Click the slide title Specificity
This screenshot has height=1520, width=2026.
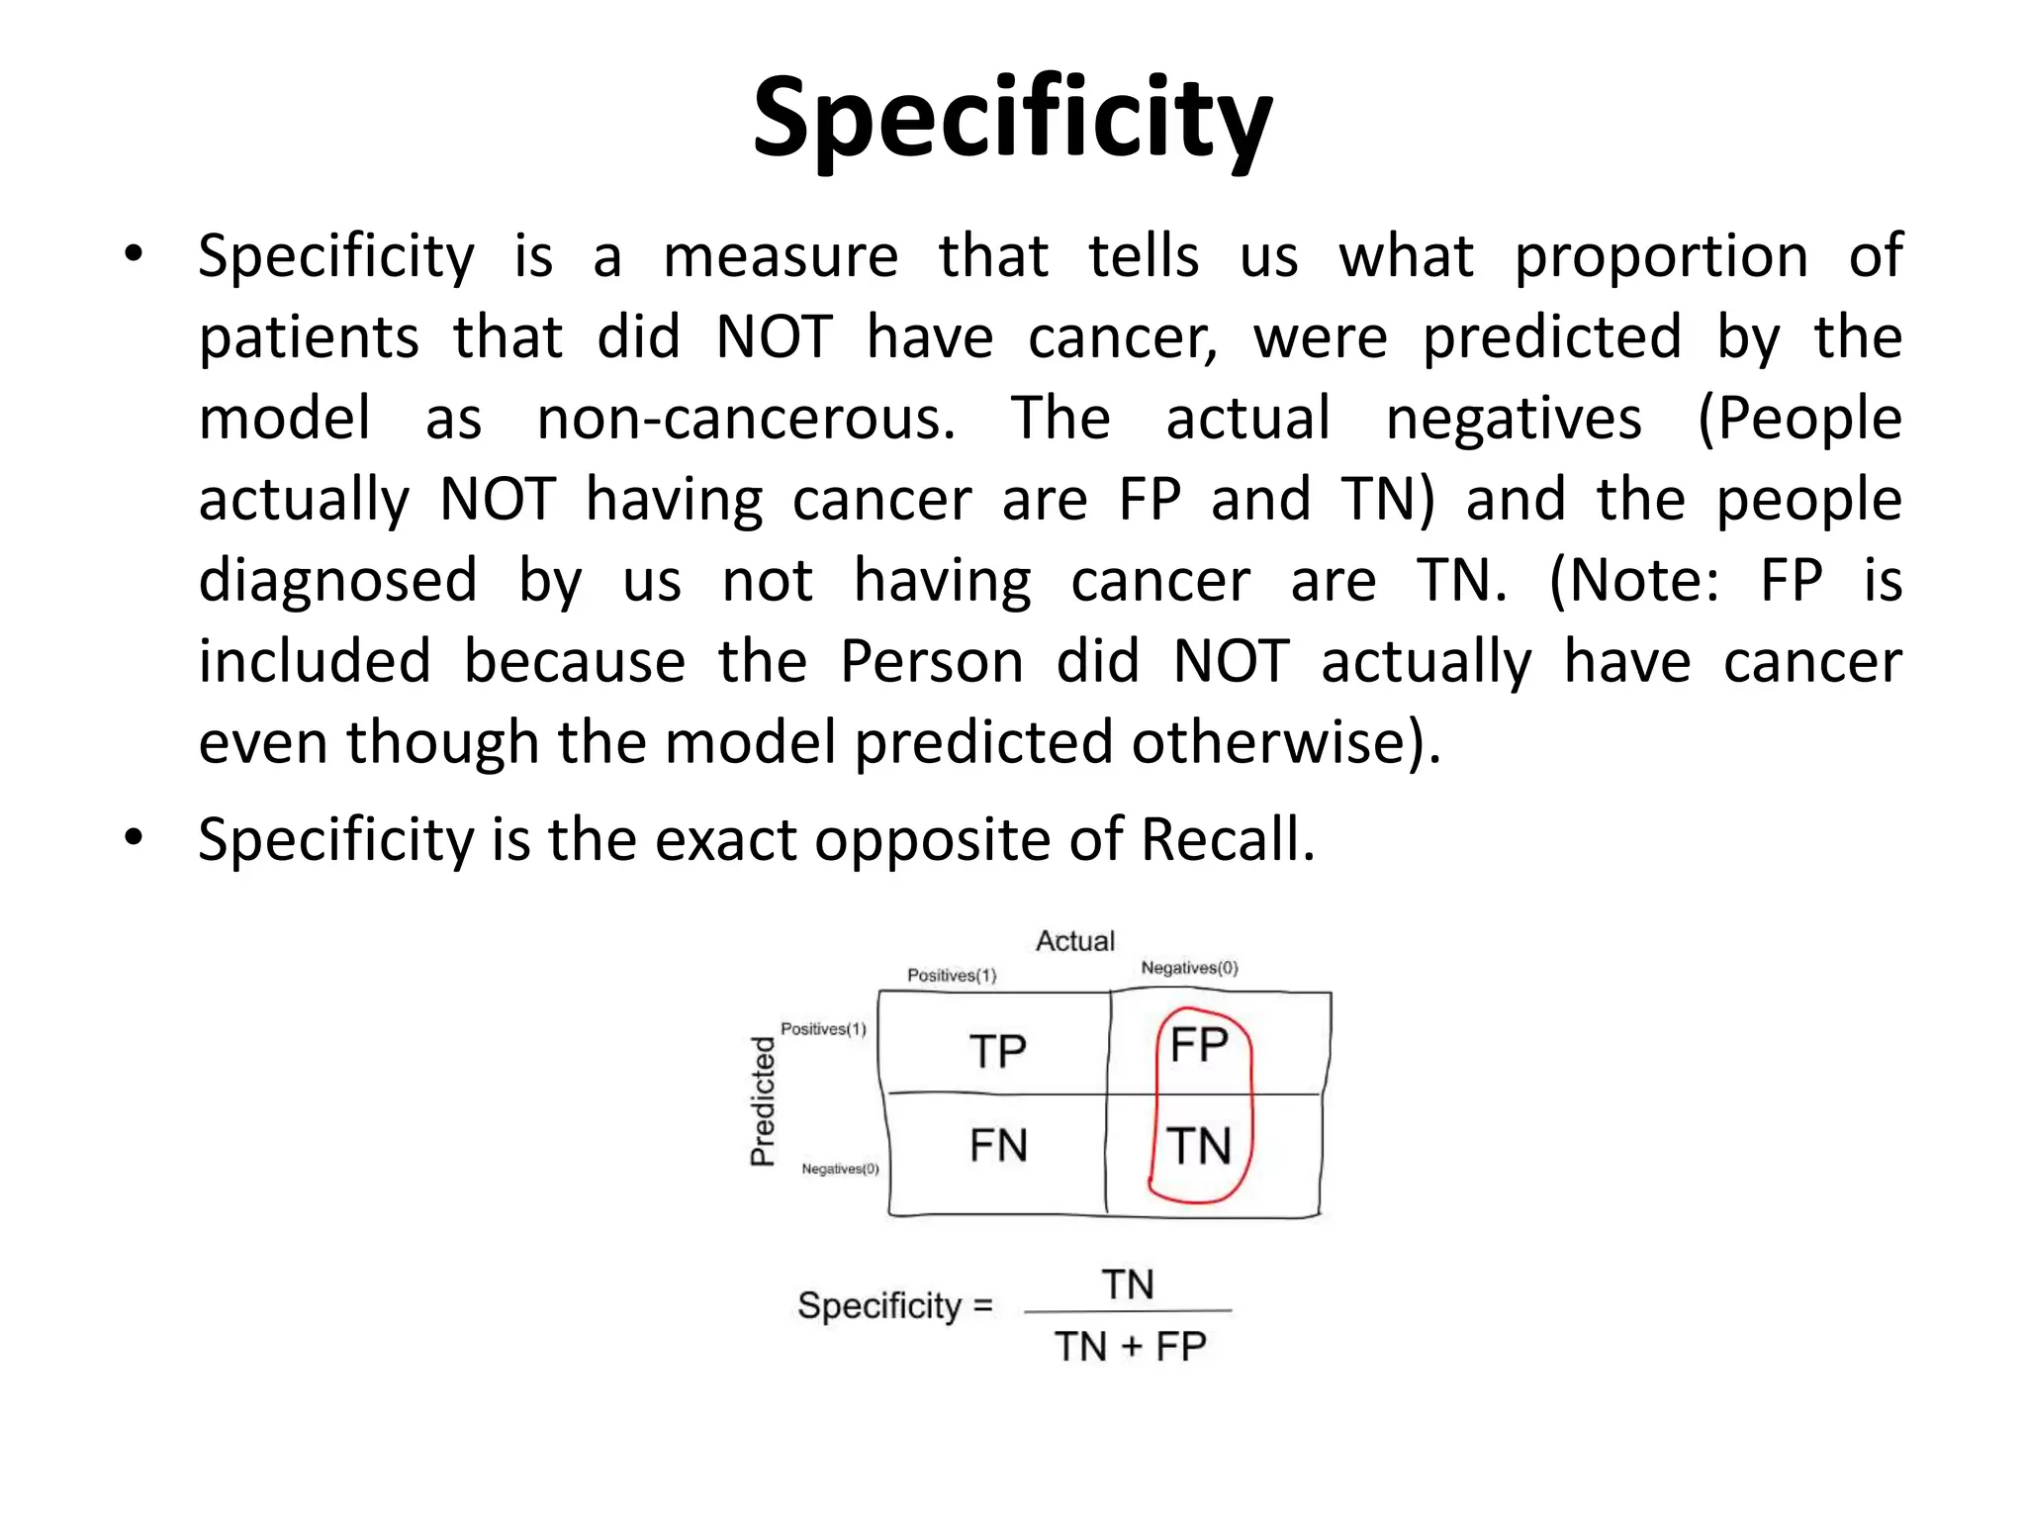[1012, 119]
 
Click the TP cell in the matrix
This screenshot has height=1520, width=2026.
[997, 1051]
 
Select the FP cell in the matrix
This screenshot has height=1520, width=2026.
[1199, 1045]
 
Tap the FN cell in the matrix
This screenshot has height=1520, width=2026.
[998, 1146]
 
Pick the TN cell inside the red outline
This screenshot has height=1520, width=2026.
[1200, 1147]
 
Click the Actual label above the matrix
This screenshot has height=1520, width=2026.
[1075, 941]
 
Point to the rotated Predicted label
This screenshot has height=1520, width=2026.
[763, 1101]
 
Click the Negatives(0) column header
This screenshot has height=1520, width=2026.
[1189, 968]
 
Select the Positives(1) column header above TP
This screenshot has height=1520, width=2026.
[952, 976]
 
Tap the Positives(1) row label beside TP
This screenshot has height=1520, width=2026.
[823, 1029]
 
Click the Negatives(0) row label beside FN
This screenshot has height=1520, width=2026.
[840, 1169]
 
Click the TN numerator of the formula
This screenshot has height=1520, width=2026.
[1128, 1285]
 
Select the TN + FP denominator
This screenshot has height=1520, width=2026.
[1130, 1347]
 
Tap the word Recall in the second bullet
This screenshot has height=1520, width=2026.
[1227, 840]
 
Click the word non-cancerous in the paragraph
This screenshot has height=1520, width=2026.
[746, 419]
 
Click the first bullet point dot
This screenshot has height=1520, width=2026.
[134, 254]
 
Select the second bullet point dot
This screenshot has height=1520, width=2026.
[134, 837]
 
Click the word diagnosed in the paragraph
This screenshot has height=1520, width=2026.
[338, 581]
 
